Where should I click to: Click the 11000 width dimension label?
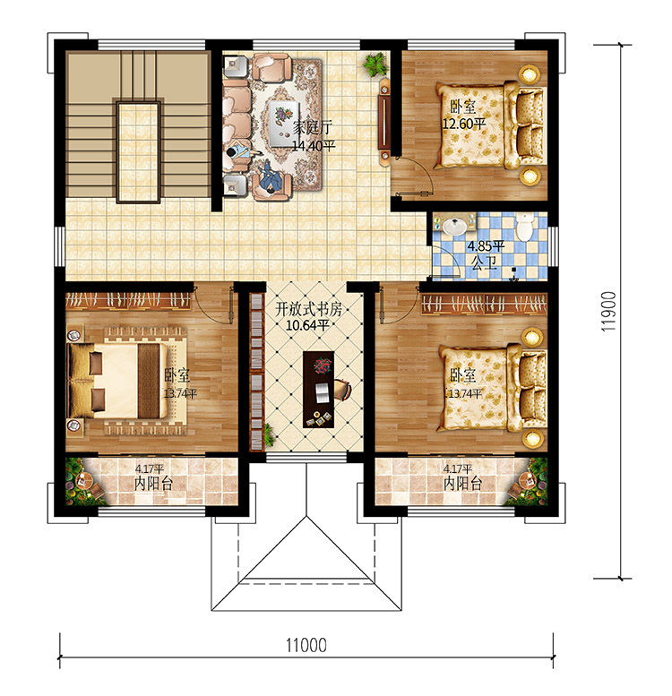coord(306,645)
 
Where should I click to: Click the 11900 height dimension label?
coord(608,311)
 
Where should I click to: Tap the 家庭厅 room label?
coord(313,127)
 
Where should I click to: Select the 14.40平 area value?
coord(314,145)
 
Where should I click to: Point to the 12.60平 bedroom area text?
coord(464,124)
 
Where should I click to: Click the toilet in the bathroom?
coord(525,227)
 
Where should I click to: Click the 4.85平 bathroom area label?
coord(486,246)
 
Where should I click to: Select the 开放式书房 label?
coord(309,309)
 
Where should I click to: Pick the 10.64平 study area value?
coord(307,325)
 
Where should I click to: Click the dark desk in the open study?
coord(318,390)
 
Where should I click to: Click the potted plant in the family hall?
coord(376,64)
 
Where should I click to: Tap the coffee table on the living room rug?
coord(284,124)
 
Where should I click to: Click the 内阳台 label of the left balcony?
coord(153,484)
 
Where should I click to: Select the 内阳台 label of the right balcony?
coord(463,484)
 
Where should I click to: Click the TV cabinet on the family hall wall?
coord(384,123)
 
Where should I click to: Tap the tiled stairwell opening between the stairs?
coord(138,152)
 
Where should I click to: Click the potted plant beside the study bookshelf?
coord(269,435)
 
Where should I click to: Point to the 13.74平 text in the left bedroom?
coord(180,394)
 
